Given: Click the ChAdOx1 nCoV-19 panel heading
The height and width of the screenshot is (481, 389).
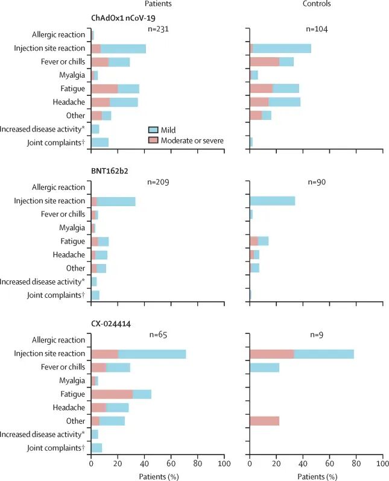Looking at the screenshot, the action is click(x=123, y=18).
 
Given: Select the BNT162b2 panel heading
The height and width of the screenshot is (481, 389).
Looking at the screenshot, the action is click(x=110, y=171).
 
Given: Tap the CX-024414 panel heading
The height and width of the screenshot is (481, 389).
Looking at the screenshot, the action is click(x=111, y=324).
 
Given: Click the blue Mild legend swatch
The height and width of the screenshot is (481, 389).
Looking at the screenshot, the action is click(x=153, y=130).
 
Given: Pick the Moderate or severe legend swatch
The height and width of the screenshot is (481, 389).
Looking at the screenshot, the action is click(x=153, y=140).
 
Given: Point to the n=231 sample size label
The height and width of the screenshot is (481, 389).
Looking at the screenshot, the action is click(x=158, y=29).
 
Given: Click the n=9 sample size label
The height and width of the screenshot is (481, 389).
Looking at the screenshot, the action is click(x=317, y=335).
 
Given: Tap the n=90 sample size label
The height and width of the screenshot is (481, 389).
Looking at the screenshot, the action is click(x=317, y=182).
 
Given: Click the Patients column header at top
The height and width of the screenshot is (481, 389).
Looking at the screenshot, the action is click(x=158, y=4).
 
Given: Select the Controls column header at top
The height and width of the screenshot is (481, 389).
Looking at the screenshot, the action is click(x=317, y=4).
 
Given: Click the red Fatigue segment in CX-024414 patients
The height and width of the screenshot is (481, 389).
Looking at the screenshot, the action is click(x=112, y=394).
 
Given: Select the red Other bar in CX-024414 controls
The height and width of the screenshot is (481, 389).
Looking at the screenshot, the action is click(x=265, y=421).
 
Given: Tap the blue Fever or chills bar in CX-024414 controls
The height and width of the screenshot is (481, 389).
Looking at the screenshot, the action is click(x=265, y=367).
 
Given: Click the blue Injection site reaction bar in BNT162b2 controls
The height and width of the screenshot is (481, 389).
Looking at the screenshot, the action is click(x=273, y=201).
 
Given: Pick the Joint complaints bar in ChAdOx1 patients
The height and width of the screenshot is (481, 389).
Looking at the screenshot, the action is click(x=100, y=142).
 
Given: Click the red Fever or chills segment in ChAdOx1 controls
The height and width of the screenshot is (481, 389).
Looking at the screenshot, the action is click(x=265, y=61).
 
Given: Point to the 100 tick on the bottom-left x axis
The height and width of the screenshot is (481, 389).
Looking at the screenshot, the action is click(x=224, y=463).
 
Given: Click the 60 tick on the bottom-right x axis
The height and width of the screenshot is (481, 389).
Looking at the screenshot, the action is click(x=330, y=463).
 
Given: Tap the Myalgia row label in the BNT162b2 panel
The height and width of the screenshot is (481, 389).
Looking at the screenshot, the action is click(x=72, y=228).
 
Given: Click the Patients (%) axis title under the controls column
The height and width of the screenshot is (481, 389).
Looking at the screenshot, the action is click(x=317, y=477).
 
